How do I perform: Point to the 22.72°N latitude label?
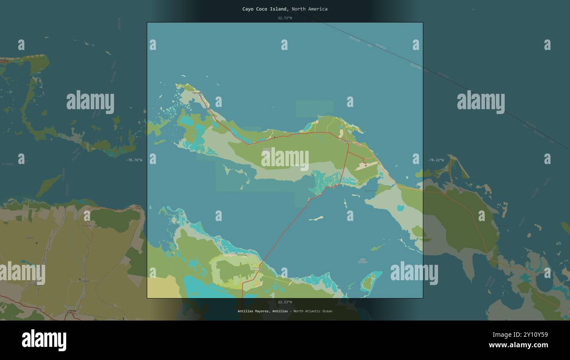coord(285,18)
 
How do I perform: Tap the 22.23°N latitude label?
coord(285,302)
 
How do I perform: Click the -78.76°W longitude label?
coord(134,160)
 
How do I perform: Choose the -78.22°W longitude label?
coord(435,160)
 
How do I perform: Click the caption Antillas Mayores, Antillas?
coord(263,311)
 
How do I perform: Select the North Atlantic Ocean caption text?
coord(313,311)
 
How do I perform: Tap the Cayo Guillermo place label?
coord(198,93)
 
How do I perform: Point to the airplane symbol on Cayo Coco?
coord(365,165)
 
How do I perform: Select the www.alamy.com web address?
coord(518,345)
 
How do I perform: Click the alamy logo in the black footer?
coord(44,340)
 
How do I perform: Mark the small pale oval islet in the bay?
coord(316,218)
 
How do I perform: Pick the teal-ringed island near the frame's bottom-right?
coord(369,281)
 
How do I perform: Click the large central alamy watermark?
coord(285,159)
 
